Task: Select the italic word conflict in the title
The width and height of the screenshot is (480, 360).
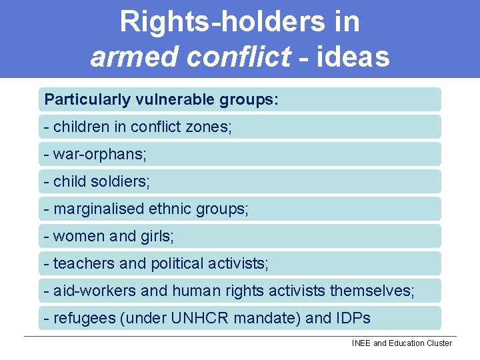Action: click(239, 57)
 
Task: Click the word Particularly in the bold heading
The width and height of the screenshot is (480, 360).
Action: click(87, 100)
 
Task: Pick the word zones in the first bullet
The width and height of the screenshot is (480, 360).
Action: click(209, 127)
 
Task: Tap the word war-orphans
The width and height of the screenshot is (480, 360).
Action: click(99, 154)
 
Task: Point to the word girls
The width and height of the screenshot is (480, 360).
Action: click(159, 236)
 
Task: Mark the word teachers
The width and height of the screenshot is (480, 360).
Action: click(84, 263)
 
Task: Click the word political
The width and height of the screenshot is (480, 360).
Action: click(174, 263)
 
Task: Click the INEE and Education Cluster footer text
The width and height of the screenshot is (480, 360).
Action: click(401, 343)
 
